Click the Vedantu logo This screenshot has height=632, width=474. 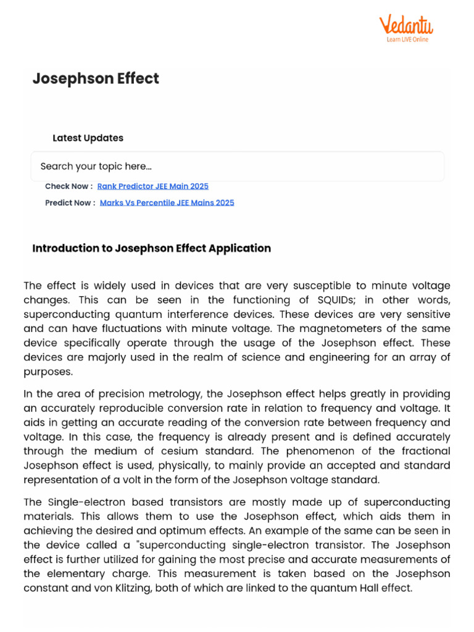[x=405, y=25]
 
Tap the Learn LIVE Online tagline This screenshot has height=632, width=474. [x=407, y=39]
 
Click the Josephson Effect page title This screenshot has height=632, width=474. [x=96, y=78]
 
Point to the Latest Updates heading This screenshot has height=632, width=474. [x=88, y=138]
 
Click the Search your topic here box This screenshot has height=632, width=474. [x=237, y=166]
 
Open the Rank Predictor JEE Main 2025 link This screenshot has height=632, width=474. [x=153, y=186]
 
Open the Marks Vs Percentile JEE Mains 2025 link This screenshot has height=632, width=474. [x=167, y=202]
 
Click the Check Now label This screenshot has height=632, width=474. [x=69, y=186]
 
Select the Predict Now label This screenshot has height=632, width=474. [x=70, y=202]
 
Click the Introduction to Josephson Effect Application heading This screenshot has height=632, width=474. [x=151, y=248]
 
